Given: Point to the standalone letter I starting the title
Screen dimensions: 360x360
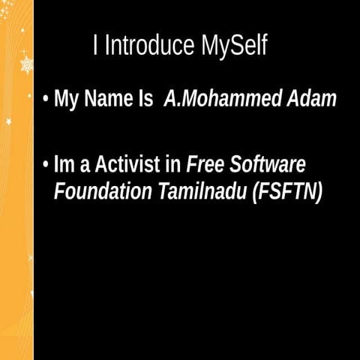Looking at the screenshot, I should (96, 46).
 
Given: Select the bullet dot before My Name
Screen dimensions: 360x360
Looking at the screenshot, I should (46, 99).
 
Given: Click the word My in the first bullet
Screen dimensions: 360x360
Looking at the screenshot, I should (66, 100).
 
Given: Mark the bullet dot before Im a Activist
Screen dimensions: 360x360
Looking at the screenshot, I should (46, 164).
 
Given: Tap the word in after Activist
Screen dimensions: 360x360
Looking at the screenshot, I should (174, 164).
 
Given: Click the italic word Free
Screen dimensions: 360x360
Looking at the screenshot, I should (207, 164).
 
